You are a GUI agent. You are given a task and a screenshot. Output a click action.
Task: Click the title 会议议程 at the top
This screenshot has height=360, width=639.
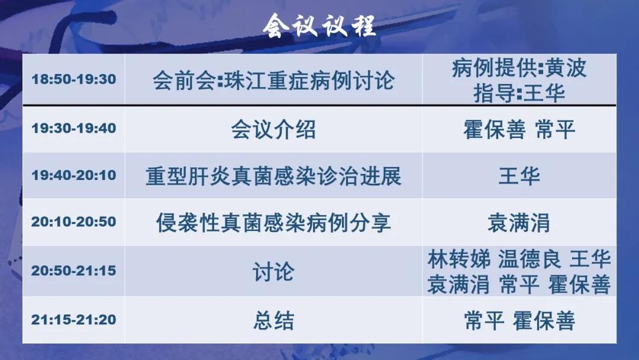pyautogui.click(x=319, y=25)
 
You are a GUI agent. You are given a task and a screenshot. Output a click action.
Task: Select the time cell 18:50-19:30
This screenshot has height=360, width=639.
pyautogui.click(x=74, y=79)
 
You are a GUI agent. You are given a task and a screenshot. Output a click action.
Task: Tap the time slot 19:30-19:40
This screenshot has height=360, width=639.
pyautogui.click(x=74, y=128)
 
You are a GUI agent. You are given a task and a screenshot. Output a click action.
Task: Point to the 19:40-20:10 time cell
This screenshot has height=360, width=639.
pyautogui.click(x=74, y=175)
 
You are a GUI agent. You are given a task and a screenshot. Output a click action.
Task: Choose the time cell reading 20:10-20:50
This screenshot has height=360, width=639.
pyautogui.click(x=74, y=222)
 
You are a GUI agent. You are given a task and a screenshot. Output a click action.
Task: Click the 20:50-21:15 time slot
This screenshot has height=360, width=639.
pyautogui.click(x=74, y=271)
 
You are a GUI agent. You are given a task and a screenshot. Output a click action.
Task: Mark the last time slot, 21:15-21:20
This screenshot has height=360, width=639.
pyautogui.click(x=74, y=320)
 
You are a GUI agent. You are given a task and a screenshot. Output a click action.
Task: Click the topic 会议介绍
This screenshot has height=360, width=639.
pyautogui.click(x=273, y=130)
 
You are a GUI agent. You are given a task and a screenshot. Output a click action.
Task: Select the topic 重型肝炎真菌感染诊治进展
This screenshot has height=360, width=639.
pyautogui.click(x=273, y=176)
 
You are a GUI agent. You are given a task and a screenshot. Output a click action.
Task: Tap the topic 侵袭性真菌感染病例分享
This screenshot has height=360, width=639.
pyautogui.click(x=273, y=223)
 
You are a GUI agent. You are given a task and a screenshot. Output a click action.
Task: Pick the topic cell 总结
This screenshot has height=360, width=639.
pyautogui.click(x=273, y=320)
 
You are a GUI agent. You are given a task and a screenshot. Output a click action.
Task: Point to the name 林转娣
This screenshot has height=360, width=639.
pyautogui.click(x=459, y=259)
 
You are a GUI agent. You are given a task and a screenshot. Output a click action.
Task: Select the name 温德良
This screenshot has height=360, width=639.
pyautogui.click(x=530, y=259)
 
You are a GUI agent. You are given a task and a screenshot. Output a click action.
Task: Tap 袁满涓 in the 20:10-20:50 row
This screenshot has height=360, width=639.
pyautogui.click(x=519, y=223)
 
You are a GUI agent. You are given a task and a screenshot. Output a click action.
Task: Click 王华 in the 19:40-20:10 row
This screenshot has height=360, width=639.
pyautogui.click(x=519, y=176)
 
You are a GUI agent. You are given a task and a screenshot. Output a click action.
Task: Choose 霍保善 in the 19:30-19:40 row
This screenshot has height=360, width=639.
pyautogui.click(x=494, y=130)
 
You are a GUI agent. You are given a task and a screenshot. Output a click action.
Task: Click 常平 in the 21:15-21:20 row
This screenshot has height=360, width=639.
pyautogui.click(x=484, y=320)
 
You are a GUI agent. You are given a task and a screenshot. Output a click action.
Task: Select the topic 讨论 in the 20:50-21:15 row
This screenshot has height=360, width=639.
pyautogui.click(x=273, y=272)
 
